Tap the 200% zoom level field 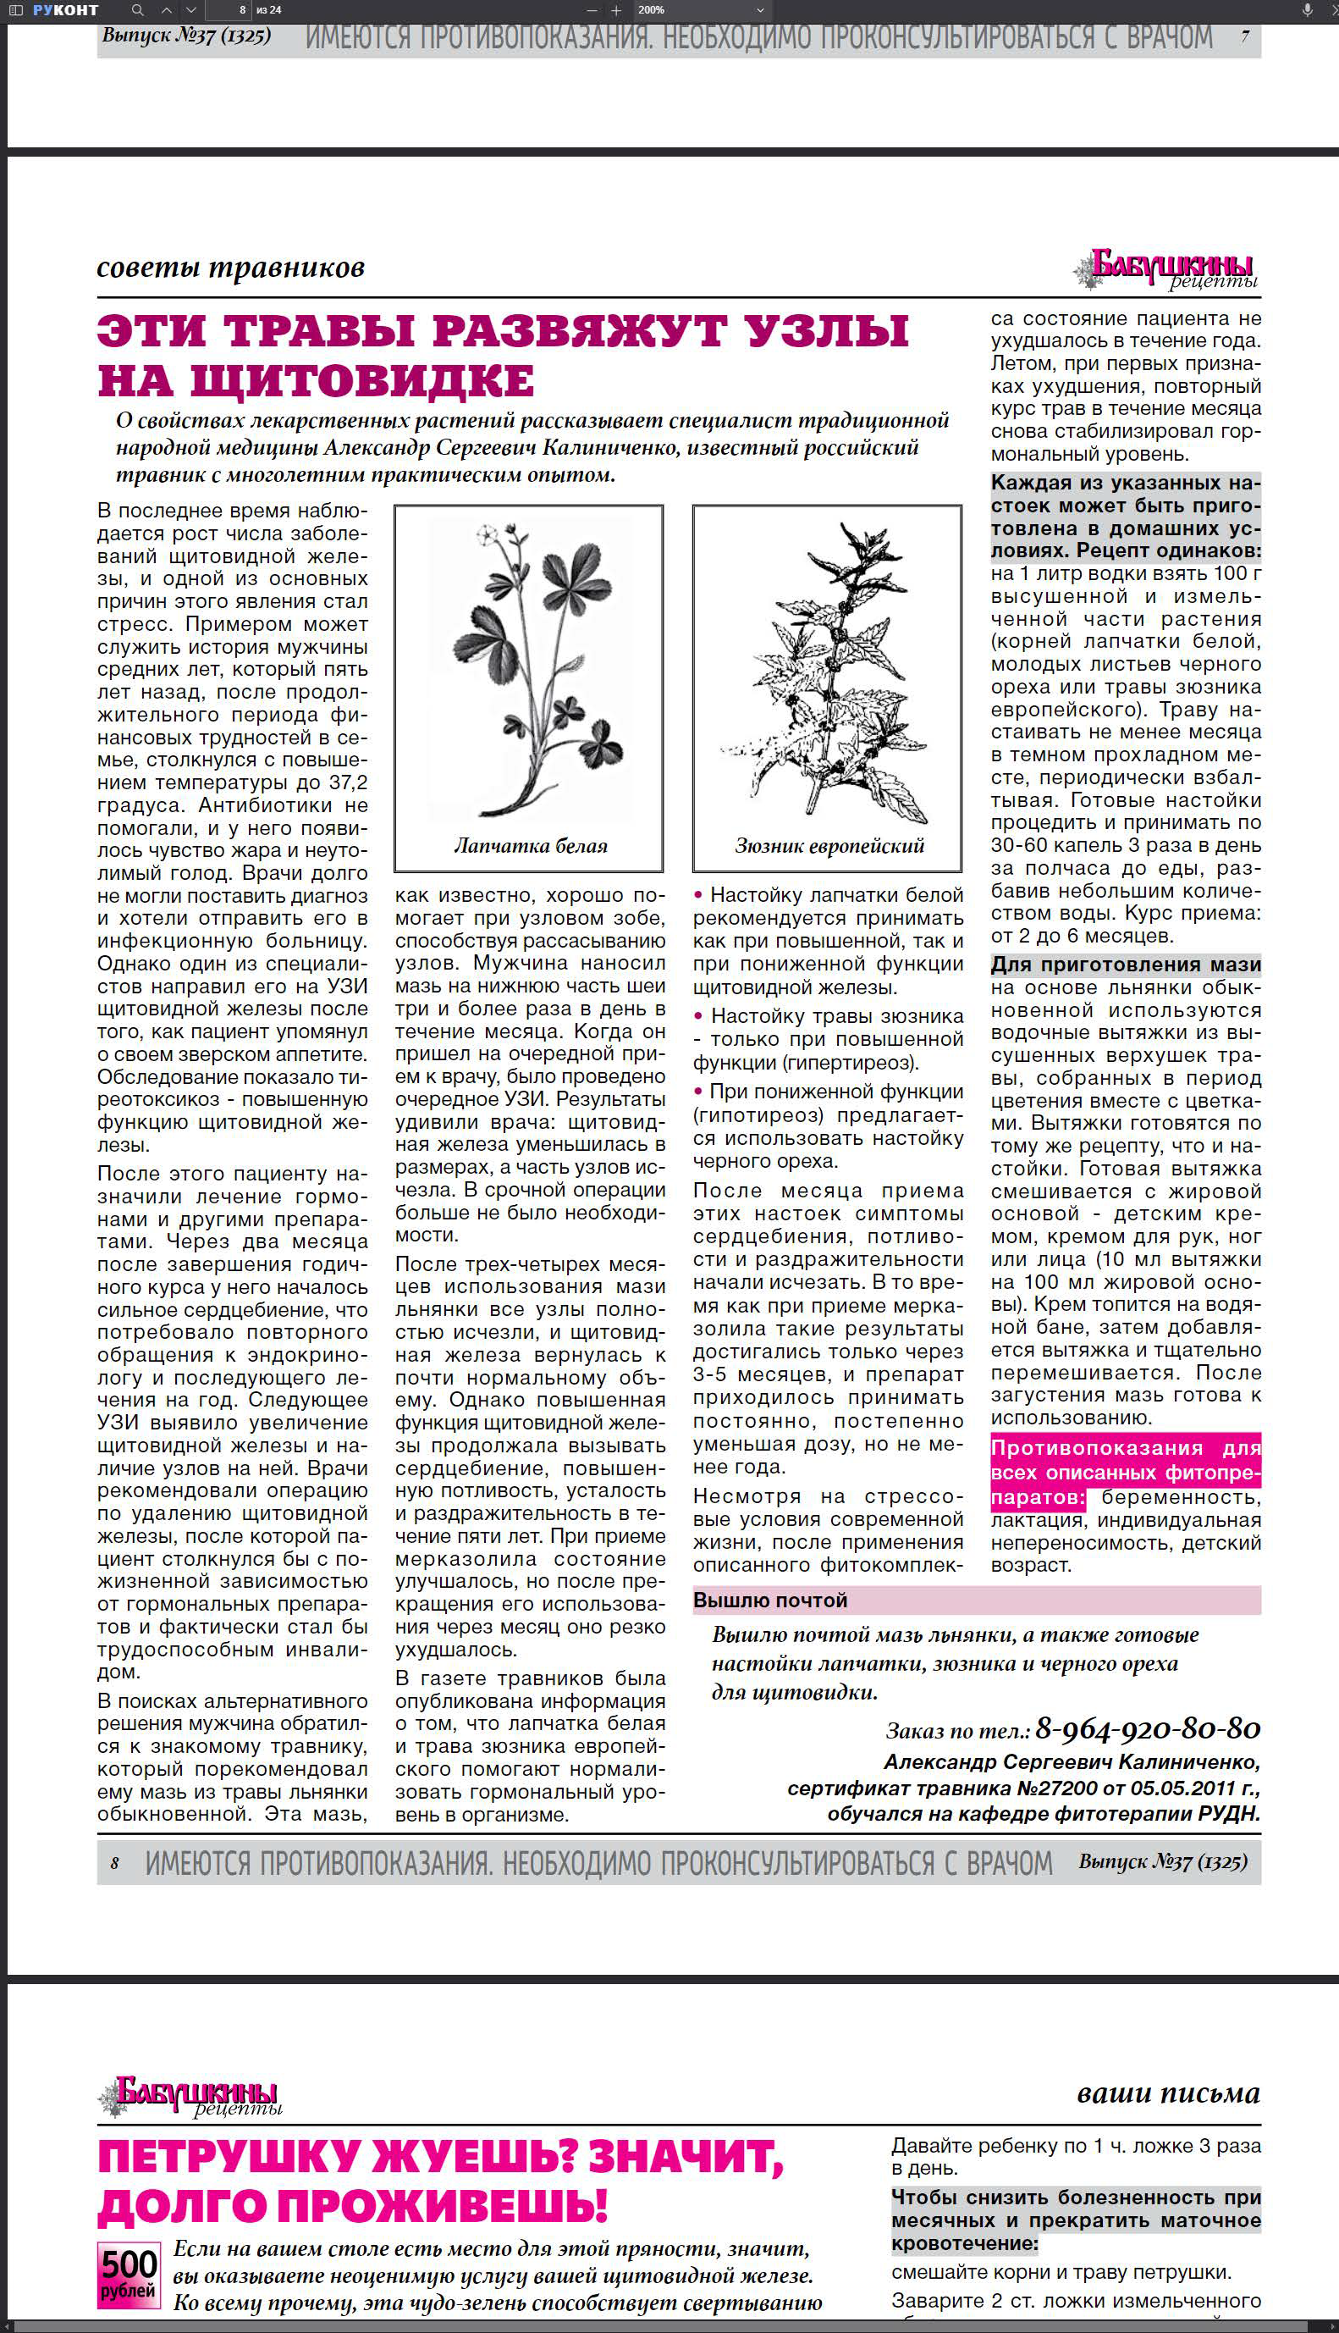pyautogui.click(x=653, y=10)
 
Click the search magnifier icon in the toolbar pyautogui.click(x=138, y=10)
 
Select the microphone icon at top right pyautogui.click(x=1307, y=10)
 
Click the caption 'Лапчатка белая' pyautogui.click(x=531, y=845)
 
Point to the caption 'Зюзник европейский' pyautogui.click(x=829, y=845)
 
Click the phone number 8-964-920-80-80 pyautogui.click(x=1147, y=1728)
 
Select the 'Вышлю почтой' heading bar pyautogui.click(x=977, y=1600)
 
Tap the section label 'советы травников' pyautogui.click(x=231, y=268)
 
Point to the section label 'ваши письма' pyautogui.click(x=1167, y=2093)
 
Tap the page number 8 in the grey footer pyautogui.click(x=115, y=1863)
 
